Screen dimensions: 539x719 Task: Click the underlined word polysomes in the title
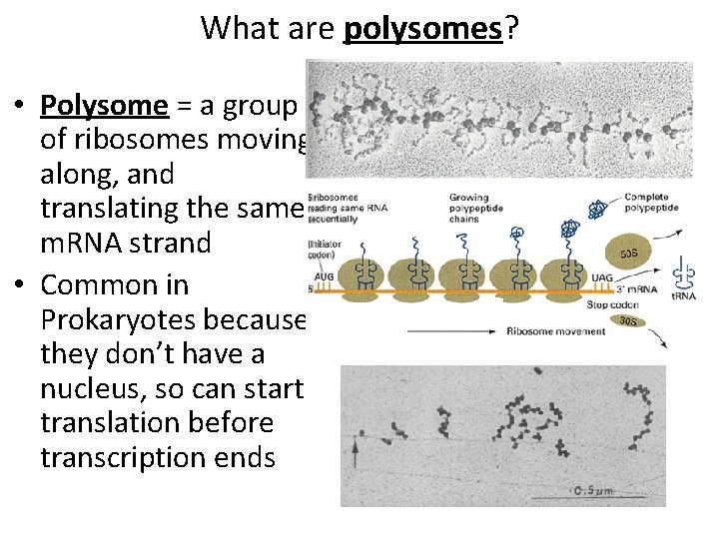tap(422, 28)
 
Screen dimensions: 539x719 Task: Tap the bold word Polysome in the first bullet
tap(104, 105)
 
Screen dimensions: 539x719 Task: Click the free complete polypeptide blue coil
tap(597, 210)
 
